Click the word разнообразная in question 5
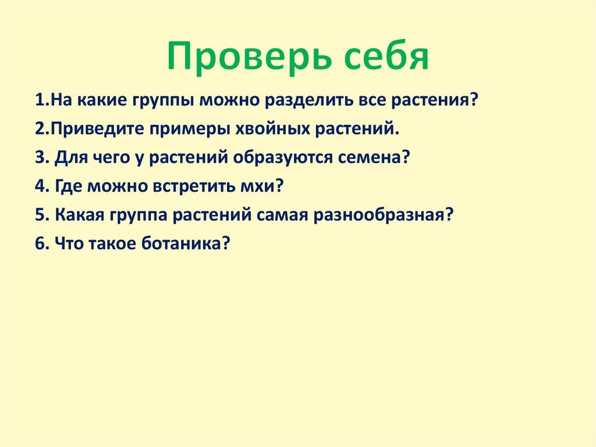tap(384, 215)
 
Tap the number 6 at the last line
tap(39, 244)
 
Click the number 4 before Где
tap(39, 186)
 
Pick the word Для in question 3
tap(69, 157)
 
